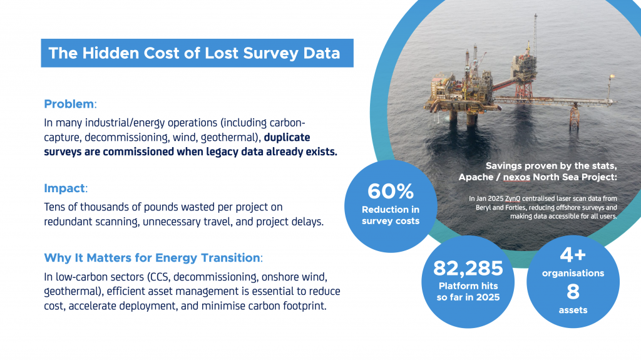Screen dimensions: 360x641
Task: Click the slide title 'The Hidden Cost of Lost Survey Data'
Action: [x=194, y=53]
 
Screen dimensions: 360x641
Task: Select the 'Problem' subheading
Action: [x=69, y=103]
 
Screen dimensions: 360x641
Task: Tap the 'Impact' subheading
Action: [x=64, y=188]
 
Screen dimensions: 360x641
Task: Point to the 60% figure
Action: [x=390, y=191]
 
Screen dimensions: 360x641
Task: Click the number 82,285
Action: [x=468, y=269]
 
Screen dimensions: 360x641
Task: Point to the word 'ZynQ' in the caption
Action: [x=513, y=198]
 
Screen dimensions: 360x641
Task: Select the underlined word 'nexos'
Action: [x=543, y=177]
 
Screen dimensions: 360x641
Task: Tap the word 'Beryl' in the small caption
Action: [x=479, y=207]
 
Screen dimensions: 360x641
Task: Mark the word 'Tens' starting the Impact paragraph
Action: [x=56, y=207]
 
